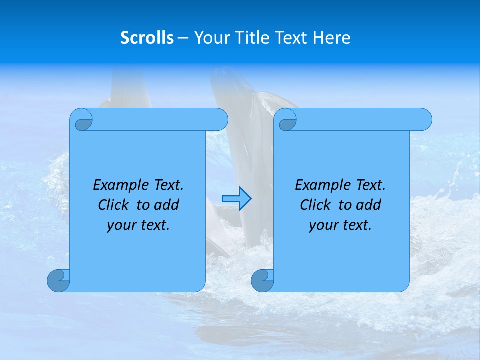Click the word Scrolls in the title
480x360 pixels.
pos(147,38)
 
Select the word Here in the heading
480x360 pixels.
pos(331,38)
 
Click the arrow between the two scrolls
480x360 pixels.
pos(236,199)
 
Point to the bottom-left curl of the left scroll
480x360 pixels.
pos(59,280)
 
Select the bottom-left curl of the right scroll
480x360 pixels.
pos(262,280)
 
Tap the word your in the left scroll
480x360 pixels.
pos(120,225)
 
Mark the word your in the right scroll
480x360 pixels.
pos(322,225)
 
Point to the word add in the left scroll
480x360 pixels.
pos(167,205)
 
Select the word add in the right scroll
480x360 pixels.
pos(369,205)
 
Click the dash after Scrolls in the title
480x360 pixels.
pos(183,38)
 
